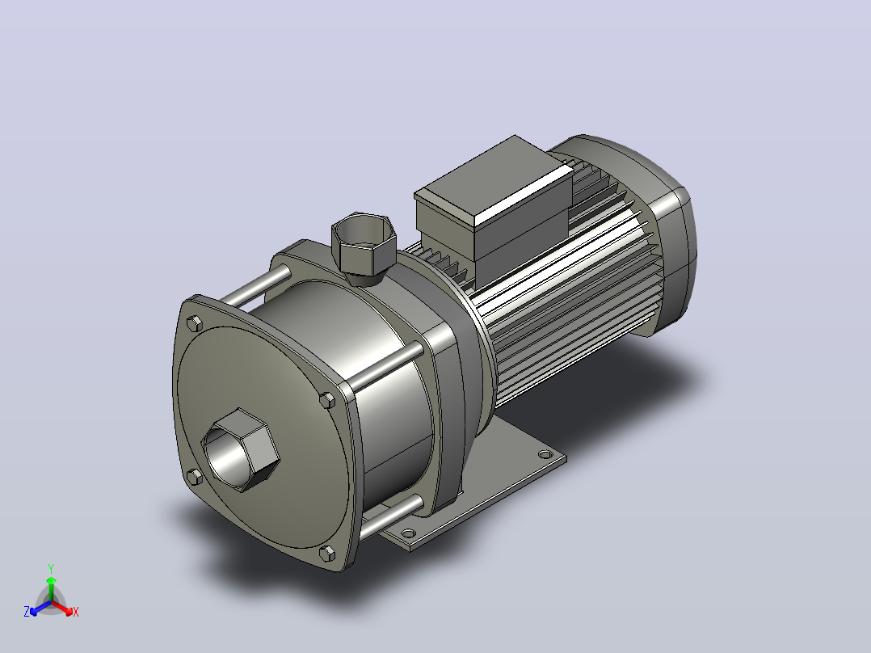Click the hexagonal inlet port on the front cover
point(240,450)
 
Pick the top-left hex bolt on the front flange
point(195,323)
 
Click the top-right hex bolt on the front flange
point(327,400)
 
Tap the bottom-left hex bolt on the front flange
point(194,477)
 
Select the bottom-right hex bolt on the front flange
point(327,554)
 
